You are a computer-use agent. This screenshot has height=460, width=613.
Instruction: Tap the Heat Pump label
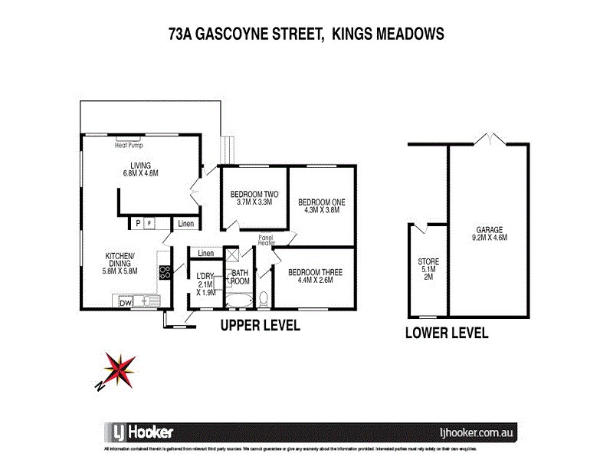[129, 144]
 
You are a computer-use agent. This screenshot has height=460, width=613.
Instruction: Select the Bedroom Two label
[254, 198]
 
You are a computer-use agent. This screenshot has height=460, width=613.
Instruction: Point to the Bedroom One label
[324, 206]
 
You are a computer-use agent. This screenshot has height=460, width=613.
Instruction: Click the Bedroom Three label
[315, 276]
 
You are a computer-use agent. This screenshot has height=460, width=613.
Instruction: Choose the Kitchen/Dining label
[120, 263]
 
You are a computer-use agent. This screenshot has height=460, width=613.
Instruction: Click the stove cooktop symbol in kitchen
[164, 272]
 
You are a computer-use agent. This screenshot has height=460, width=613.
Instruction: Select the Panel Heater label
[267, 240]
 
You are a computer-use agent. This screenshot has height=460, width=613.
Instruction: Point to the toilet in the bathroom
[264, 298]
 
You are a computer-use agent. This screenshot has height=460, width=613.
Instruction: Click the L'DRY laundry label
[205, 284]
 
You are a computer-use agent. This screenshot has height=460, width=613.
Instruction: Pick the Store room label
[428, 269]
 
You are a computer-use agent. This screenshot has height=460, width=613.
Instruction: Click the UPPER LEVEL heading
[260, 326]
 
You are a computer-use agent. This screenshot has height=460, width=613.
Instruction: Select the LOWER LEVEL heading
[447, 333]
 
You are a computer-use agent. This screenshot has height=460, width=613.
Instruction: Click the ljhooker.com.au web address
[475, 432]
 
